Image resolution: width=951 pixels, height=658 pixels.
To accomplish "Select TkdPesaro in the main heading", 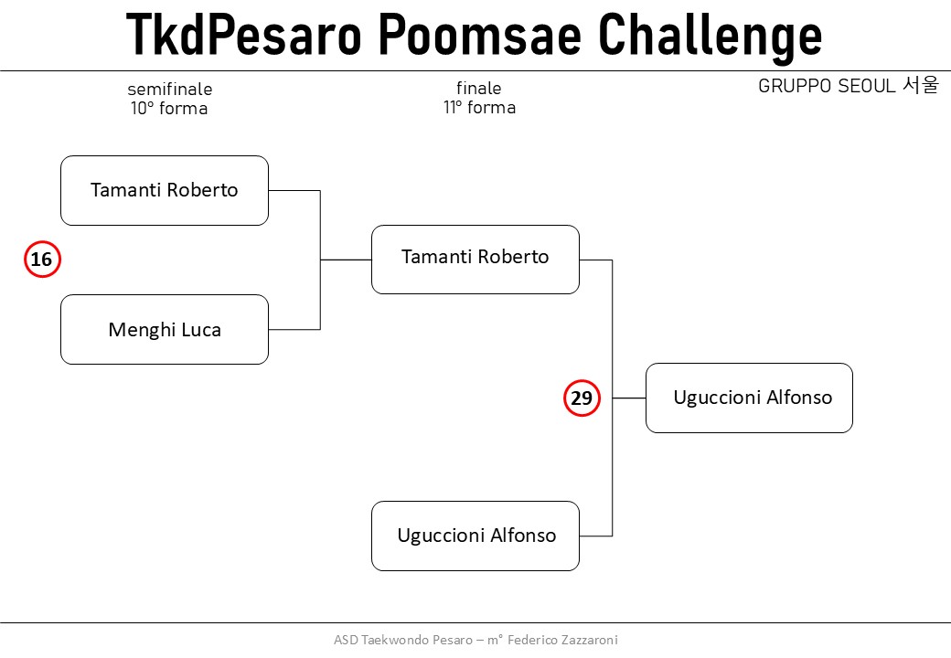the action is [x=244, y=35].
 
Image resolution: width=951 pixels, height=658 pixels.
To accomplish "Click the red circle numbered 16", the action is [x=42, y=260].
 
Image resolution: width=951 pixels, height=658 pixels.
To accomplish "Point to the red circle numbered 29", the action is [x=582, y=398].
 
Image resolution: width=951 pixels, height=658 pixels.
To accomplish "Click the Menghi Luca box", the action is [x=165, y=330].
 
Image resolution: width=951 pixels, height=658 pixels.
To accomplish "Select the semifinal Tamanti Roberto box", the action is [x=165, y=190].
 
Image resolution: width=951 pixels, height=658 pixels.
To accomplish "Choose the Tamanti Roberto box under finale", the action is [x=475, y=260].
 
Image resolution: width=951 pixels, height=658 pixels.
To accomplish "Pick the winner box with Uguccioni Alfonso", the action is [x=749, y=398].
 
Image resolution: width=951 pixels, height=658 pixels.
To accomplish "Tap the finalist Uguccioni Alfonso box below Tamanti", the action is [x=475, y=536].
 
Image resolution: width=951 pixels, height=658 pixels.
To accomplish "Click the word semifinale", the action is [x=170, y=89].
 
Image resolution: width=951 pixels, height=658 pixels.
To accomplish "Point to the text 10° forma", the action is [x=169, y=109].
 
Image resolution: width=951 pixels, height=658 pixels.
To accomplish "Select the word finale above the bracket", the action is [x=479, y=89].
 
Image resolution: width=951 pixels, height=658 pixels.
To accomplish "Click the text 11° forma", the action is [x=480, y=107].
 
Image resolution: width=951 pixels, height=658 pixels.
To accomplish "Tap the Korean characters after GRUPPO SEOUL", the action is [x=921, y=85].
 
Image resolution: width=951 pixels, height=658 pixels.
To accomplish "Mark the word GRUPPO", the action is [x=795, y=86].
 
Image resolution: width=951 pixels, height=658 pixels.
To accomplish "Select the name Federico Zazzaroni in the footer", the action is [x=562, y=640].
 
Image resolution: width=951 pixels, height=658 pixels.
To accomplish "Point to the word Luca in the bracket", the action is [x=201, y=330].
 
